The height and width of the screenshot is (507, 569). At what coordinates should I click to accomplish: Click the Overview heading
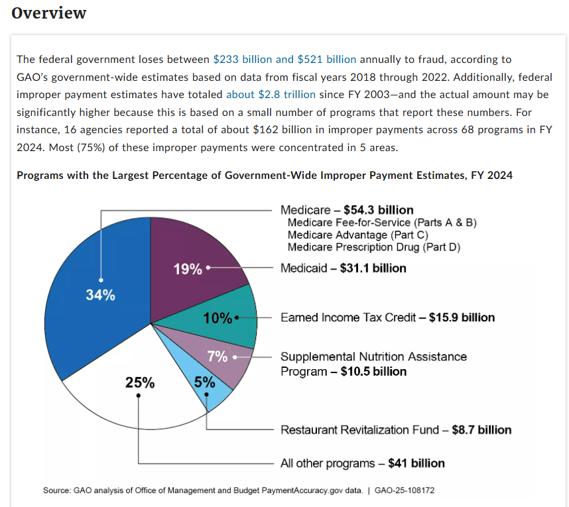pyautogui.click(x=49, y=13)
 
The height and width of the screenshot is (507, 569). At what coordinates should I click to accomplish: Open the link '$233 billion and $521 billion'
pyautogui.click(x=284, y=60)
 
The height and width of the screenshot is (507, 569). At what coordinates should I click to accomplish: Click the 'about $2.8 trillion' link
pyautogui.click(x=271, y=94)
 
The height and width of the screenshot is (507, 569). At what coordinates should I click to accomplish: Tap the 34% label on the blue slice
pyautogui.click(x=100, y=296)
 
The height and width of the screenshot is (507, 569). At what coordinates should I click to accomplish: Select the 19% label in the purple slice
pyautogui.click(x=188, y=269)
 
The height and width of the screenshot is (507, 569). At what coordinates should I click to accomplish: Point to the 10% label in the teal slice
pyautogui.click(x=218, y=318)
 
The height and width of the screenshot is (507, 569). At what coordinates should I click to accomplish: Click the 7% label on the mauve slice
pyautogui.click(x=218, y=357)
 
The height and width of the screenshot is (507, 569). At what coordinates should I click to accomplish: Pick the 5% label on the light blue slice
pyautogui.click(x=204, y=382)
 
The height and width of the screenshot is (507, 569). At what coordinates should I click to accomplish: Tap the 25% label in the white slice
pyautogui.click(x=140, y=382)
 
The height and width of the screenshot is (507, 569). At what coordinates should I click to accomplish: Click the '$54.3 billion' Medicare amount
pyautogui.click(x=378, y=210)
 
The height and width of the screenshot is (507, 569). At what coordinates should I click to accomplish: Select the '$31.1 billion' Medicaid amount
pyautogui.click(x=373, y=268)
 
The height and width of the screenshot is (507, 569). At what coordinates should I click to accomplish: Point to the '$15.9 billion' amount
pyautogui.click(x=462, y=317)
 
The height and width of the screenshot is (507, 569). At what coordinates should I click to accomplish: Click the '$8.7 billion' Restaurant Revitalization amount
pyautogui.click(x=481, y=430)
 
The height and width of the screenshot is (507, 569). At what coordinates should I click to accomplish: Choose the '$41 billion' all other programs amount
pyautogui.click(x=416, y=463)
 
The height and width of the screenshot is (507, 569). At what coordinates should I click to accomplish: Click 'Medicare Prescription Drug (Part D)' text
pyautogui.click(x=373, y=247)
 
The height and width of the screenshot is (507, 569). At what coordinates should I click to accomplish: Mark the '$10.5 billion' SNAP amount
pyautogui.click(x=373, y=371)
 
